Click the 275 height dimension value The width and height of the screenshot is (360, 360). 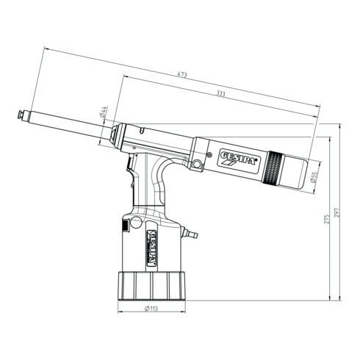[x=328, y=218]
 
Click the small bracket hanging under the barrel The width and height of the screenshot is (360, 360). [x=197, y=163]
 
